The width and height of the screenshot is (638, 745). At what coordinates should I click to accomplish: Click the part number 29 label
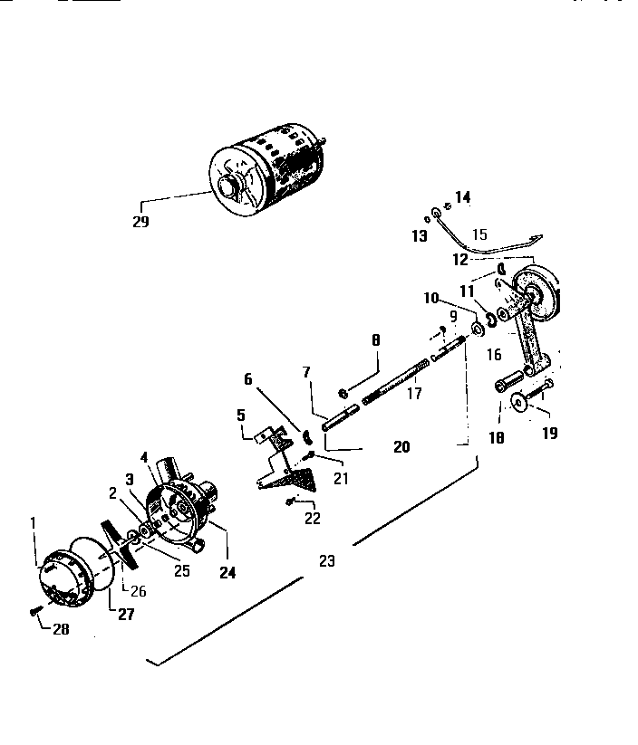[140, 220]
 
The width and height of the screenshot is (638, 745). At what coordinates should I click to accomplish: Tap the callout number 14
[463, 196]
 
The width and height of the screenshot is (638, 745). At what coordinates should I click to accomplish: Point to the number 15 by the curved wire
[479, 234]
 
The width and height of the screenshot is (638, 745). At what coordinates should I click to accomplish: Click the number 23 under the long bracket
[327, 561]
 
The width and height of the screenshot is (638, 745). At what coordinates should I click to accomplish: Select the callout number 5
[241, 415]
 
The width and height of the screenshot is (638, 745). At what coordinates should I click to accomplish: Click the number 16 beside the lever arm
[493, 354]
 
